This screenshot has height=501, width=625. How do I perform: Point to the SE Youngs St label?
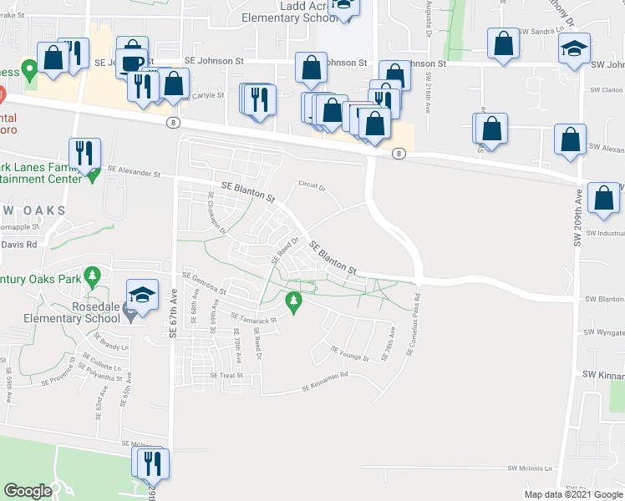(x=349, y=354)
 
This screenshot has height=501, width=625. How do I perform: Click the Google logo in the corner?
(x=28, y=491)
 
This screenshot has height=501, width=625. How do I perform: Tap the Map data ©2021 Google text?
(x=572, y=494)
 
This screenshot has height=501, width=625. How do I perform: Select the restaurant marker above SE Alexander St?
(x=84, y=154)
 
